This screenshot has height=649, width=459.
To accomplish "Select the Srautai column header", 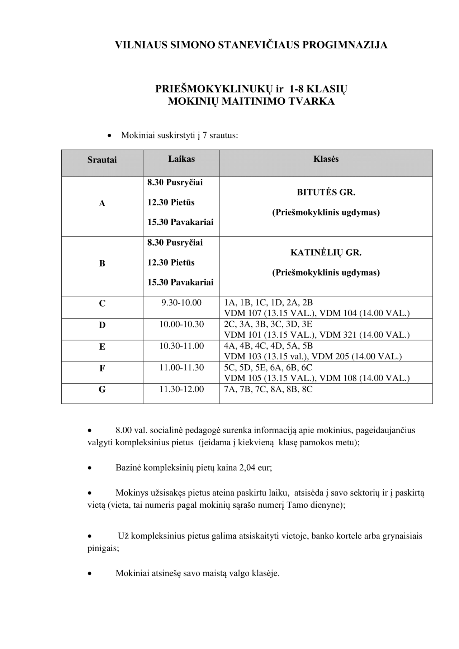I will pyautogui.click(x=102, y=160).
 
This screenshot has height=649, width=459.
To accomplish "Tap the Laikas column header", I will pyautogui.click(x=181, y=159).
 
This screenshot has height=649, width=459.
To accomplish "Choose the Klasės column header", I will pyautogui.click(x=326, y=159).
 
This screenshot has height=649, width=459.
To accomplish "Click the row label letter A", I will pyautogui.click(x=102, y=204).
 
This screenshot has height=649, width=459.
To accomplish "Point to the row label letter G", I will pyautogui.click(x=102, y=389).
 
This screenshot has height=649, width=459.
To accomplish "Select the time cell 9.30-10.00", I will pyautogui.click(x=181, y=303).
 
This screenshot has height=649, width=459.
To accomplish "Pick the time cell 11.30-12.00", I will pyautogui.click(x=181, y=389).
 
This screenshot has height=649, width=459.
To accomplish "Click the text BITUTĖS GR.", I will pyautogui.click(x=326, y=193).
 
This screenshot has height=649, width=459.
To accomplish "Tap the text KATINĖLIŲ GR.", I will pyautogui.click(x=326, y=253).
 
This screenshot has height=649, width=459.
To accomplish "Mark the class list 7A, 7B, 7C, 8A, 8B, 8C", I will pyautogui.click(x=268, y=389).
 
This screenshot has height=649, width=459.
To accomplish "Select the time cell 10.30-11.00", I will pyautogui.click(x=181, y=346).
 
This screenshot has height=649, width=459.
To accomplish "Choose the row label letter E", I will pyautogui.click(x=102, y=347).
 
